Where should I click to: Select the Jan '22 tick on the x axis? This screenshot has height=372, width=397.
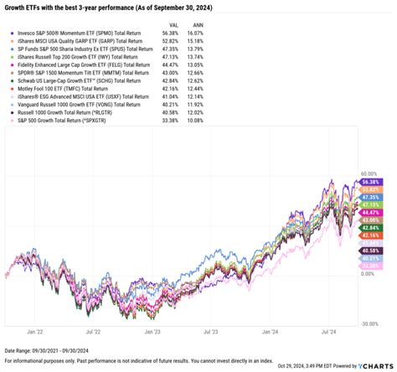tap(35, 332)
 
